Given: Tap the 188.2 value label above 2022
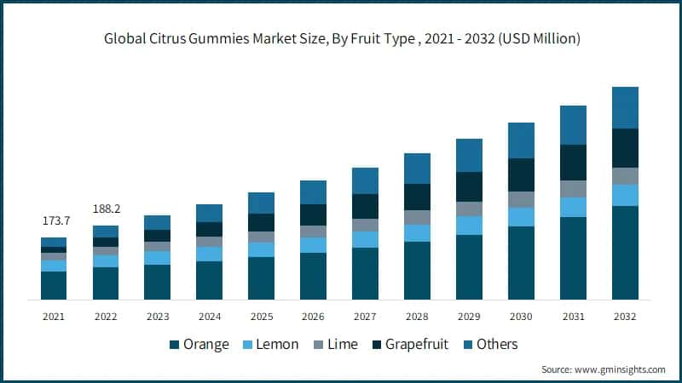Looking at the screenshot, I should coord(106,209).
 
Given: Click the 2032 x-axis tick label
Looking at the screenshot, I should coord(625,316).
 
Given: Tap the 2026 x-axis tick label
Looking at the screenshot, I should coord(313,316).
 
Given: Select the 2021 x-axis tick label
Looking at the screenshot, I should coord(54,316).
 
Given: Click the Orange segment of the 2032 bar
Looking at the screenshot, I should coord(625,253).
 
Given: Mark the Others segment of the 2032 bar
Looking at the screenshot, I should coord(625,107).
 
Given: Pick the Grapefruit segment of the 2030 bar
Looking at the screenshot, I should coord(521,174).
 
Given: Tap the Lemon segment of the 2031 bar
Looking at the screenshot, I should coord(573,207).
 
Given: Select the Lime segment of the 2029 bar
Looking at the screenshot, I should coord(469,209).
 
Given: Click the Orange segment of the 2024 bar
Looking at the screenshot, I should coord(209,280).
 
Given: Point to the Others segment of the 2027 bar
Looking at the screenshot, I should coord(365,180).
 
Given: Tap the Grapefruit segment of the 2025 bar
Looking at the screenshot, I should coord(261,222).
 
